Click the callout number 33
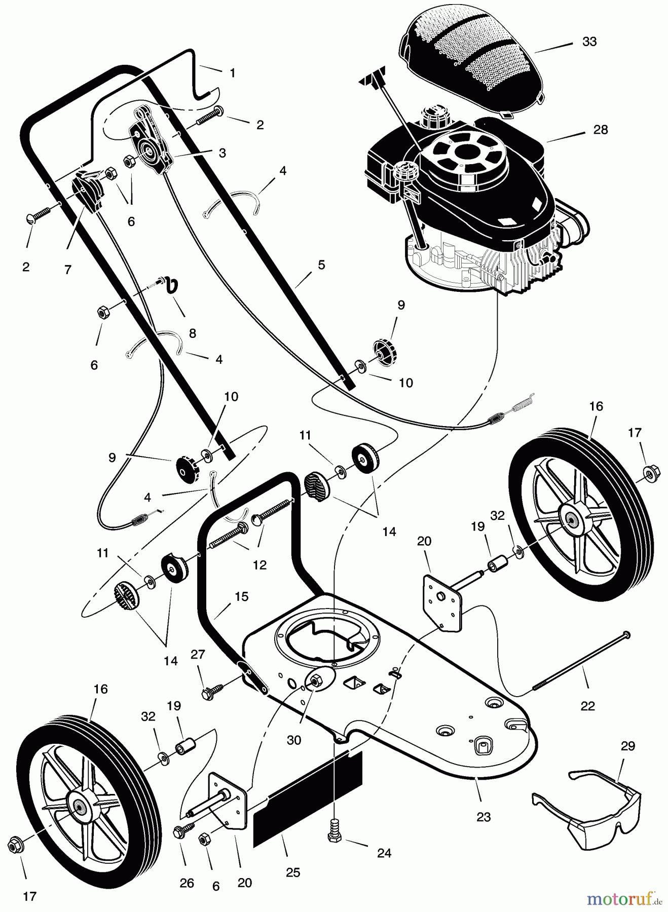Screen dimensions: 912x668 click(589, 42)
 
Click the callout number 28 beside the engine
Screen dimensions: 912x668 click(600, 130)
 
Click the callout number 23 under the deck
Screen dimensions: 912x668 click(484, 817)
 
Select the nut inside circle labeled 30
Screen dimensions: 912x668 click(315, 682)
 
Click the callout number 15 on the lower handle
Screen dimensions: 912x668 click(242, 596)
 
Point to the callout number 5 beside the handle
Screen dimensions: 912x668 click(321, 264)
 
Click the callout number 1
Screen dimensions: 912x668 click(232, 73)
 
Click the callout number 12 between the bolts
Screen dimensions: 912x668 click(259, 564)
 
